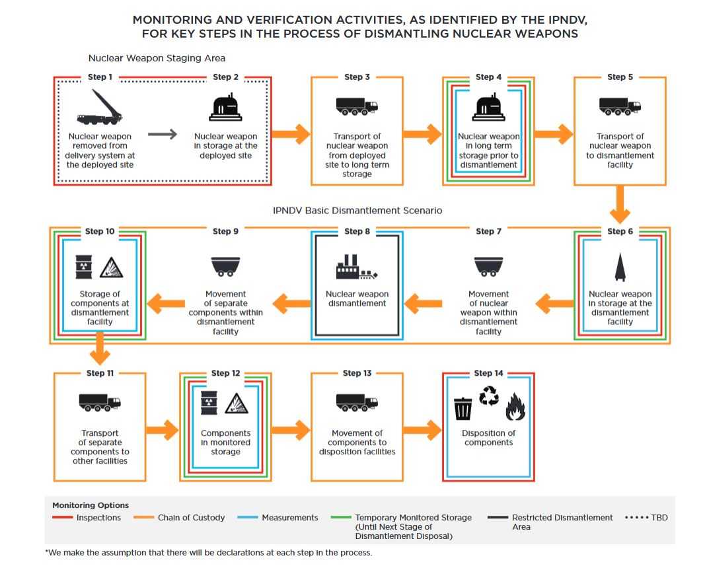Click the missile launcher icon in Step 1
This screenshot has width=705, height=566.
pos(100,108)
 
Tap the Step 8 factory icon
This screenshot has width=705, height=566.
pos(356,267)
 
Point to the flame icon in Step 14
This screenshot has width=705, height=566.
pos(515,406)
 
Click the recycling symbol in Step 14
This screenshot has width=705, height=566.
pos(489,396)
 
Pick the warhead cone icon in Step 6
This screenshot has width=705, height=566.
pos(620,267)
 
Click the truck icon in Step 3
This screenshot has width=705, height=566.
pos(357,106)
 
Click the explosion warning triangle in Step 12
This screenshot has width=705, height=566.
pos(236,403)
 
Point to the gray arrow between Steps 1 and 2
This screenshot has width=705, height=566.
pos(163,135)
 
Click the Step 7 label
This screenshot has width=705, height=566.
pos(488,231)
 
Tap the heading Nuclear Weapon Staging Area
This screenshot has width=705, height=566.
pos(157,58)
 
